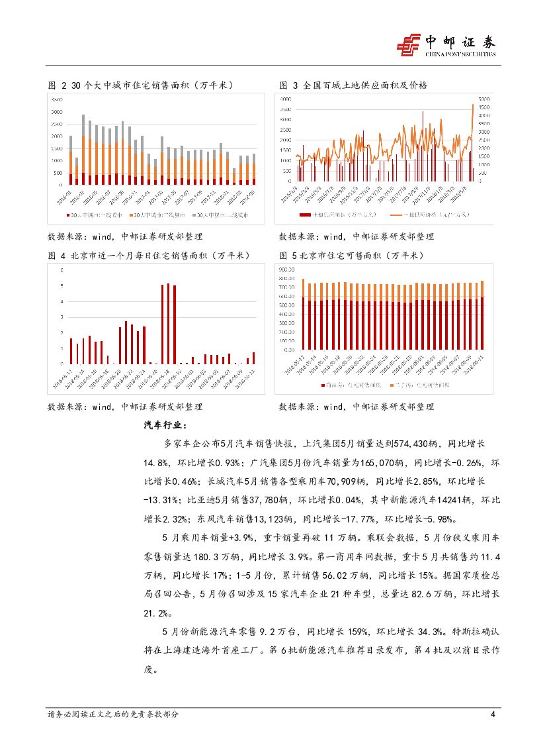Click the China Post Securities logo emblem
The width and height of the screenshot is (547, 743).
click(x=409, y=45)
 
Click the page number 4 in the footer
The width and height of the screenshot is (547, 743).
click(x=492, y=715)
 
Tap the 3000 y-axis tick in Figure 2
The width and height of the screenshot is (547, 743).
click(x=57, y=111)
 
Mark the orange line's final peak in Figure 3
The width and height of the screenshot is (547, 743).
click(x=473, y=105)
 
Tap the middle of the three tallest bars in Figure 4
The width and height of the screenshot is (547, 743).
click(x=169, y=324)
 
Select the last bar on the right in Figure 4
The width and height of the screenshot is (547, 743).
click(x=253, y=358)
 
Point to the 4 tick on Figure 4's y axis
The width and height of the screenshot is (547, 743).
click(x=62, y=301)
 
